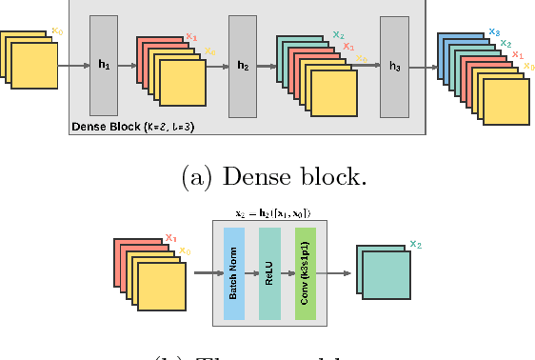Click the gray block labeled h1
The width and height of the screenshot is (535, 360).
tap(104, 66)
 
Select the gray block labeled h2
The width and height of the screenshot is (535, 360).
tap(243, 66)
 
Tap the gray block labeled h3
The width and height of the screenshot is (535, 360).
tap(394, 66)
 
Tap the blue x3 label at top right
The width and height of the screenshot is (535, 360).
tap(494, 32)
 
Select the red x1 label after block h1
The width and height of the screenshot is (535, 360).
tap(191, 37)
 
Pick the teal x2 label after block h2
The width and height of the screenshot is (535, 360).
tap(339, 35)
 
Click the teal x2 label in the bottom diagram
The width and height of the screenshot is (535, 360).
tap(415, 244)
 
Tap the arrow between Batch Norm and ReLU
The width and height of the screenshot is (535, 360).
tap(253, 274)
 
